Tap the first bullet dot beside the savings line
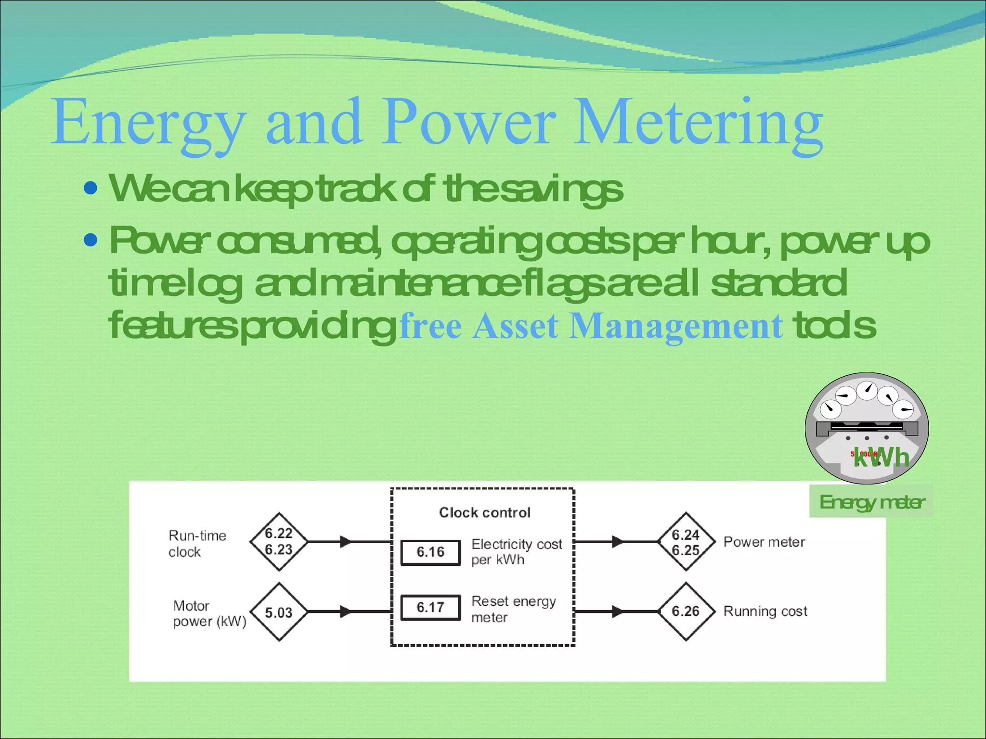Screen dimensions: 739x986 click(91, 188)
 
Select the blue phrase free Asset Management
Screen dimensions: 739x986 click(591, 326)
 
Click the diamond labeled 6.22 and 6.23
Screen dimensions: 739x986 click(279, 542)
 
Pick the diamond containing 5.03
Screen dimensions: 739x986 click(279, 612)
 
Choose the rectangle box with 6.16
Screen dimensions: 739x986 click(430, 552)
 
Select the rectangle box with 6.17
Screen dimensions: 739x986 click(430, 607)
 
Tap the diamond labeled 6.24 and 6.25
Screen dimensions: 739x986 click(686, 542)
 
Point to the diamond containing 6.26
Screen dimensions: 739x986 click(686, 612)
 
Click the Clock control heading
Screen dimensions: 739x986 click(484, 512)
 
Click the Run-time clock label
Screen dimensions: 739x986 click(197, 544)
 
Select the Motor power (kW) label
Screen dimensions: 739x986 click(209, 613)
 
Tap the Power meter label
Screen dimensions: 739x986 click(764, 542)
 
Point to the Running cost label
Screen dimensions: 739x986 click(765, 612)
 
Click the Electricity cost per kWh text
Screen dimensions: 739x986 click(516, 552)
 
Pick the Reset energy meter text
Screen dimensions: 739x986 click(513, 609)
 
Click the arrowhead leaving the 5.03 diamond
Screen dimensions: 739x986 click(346, 612)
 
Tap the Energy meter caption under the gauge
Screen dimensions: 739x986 click(871, 502)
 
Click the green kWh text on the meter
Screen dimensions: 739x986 click(881, 457)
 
